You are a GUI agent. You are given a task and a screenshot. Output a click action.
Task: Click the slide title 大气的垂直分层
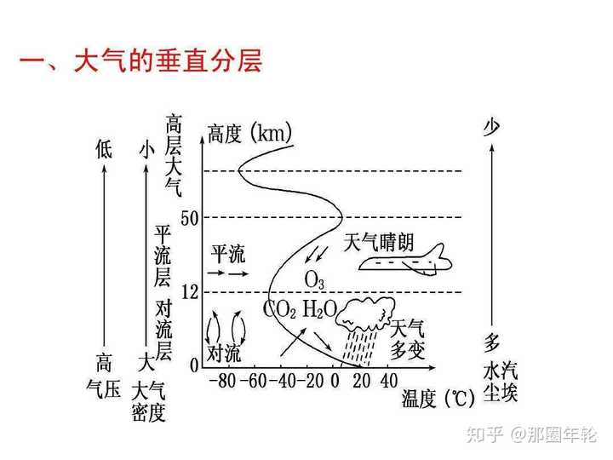tap(141, 62)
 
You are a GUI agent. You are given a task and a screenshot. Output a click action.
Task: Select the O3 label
tap(314, 279)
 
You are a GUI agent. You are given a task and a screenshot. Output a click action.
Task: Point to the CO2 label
tap(280, 308)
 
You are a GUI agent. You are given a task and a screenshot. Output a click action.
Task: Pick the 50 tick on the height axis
tap(189, 218)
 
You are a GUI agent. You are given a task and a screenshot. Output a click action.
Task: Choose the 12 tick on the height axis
tap(189, 292)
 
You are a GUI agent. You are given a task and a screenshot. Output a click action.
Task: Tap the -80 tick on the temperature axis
tap(224, 381)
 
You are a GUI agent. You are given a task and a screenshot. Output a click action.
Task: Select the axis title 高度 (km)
tap(249, 134)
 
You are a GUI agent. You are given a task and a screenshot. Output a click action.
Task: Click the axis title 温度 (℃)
tap(438, 399)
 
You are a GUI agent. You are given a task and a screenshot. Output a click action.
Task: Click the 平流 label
tap(227, 253)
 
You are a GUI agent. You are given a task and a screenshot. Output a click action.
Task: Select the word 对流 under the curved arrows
tap(224, 353)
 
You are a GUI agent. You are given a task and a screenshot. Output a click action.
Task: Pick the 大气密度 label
tap(148, 402)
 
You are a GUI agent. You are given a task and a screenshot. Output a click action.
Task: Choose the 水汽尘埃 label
tap(500, 383)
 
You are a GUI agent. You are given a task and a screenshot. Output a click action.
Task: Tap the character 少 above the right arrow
tap(491, 128)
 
